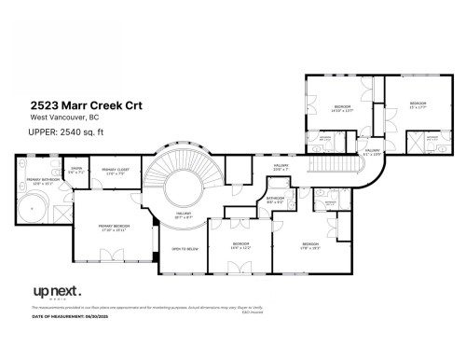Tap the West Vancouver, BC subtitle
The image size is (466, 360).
[x=63, y=118]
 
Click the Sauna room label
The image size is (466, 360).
[x=76, y=171]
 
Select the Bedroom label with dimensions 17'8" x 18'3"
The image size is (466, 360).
[x=310, y=246]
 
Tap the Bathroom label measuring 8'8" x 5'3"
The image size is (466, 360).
[x=275, y=199]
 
